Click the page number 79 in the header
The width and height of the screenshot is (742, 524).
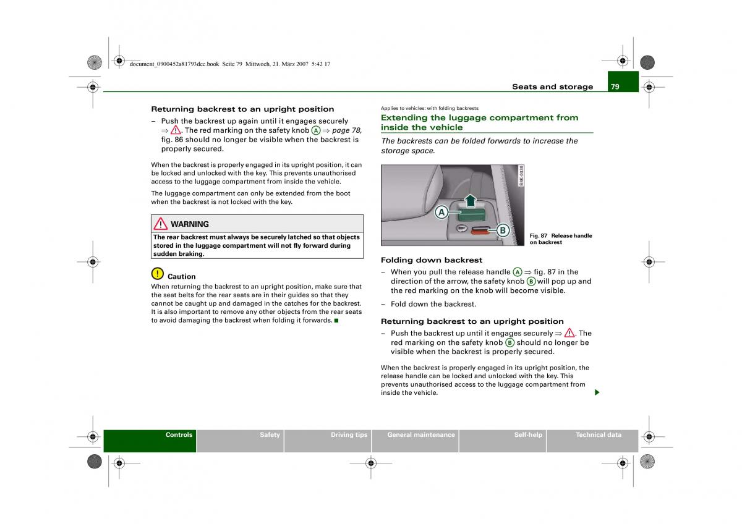pyautogui.click(x=615, y=87)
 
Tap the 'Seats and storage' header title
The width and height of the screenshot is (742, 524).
pyautogui.click(x=552, y=87)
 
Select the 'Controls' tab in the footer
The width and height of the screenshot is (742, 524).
pyautogui.click(x=179, y=435)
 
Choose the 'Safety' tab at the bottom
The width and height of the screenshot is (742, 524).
pyautogui.click(x=270, y=435)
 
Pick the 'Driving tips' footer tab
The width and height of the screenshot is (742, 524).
pyautogui.click(x=349, y=435)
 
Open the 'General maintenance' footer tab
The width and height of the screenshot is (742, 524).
pyautogui.click(x=420, y=435)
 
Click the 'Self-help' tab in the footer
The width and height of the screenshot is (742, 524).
pyautogui.click(x=528, y=435)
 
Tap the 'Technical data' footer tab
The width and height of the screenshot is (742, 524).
pyautogui.click(x=598, y=435)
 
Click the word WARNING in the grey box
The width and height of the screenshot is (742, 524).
pyautogui.click(x=190, y=224)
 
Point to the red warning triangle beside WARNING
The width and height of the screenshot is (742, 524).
pyautogui.click(x=161, y=224)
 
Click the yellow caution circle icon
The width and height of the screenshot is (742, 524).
pyautogui.click(x=157, y=273)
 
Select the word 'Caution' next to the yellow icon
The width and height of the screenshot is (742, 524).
pyautogui.click(x=182, y=277)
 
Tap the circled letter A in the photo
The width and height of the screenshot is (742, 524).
pyautogui.click(x=441, y=213)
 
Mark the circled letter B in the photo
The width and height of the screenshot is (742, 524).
pyautogui.click(x=503, y=230)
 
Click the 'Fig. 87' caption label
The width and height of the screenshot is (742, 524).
pyautogui.click(x=539, y=236)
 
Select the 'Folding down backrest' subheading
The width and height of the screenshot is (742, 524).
pyautogui.click(x=432, y=260)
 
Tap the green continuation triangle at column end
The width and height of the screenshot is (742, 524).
pyautogui.click(x=597, y=393)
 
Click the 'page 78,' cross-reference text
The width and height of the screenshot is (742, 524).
pyautogui.click(x=347, y=130)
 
